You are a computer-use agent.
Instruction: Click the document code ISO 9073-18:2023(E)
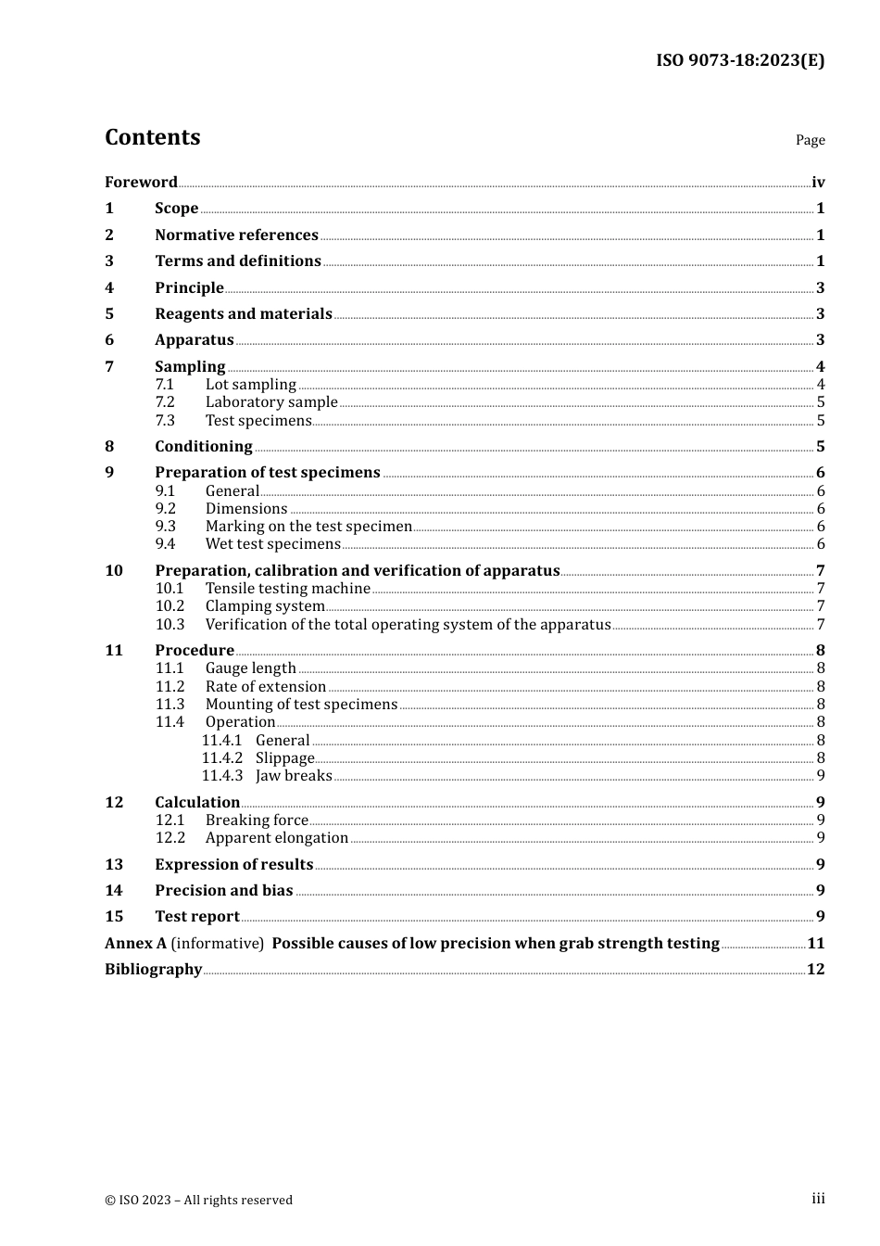[740, 61]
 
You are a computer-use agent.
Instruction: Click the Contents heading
[152, 137]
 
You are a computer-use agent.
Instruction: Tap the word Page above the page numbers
[810, 140]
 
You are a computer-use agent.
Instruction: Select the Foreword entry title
[141, 183]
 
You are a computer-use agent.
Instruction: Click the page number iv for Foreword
[818, 183]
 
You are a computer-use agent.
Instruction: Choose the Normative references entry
[236, 235]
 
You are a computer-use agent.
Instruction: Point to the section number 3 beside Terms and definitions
[109, 261]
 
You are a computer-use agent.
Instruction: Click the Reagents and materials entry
[243, 314]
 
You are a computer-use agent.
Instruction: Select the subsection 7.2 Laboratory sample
[271, 402]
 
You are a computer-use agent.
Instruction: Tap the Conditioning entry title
[203, 447]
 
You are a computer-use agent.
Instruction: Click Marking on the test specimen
[308, 527]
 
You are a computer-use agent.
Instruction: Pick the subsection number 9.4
[165, 544]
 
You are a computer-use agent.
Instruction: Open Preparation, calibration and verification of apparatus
[357, 571]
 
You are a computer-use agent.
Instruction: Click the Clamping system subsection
[265, 606]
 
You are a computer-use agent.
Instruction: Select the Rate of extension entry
[266, 687]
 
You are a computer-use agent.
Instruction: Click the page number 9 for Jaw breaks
[821, 776]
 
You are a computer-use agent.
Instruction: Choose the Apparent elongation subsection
[277, 838]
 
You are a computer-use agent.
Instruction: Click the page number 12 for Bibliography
[815, 970]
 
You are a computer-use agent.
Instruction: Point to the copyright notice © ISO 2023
[198, 1201]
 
